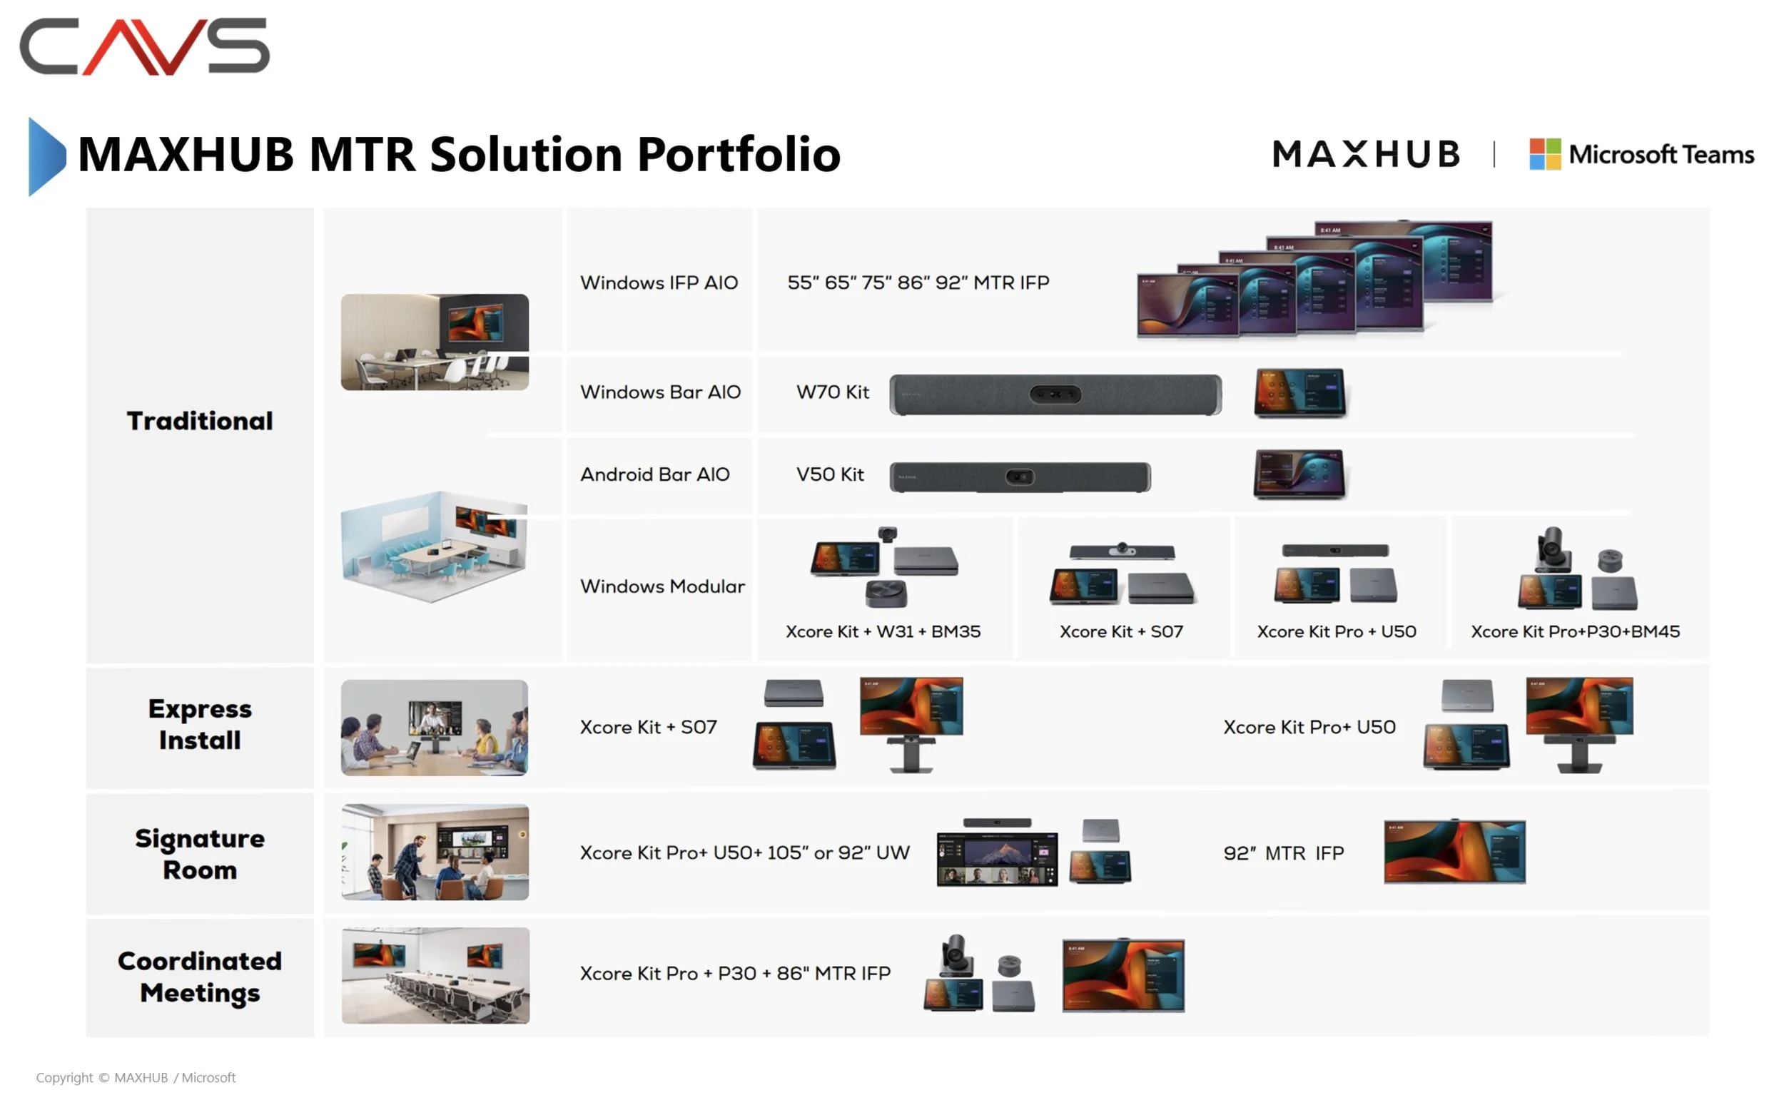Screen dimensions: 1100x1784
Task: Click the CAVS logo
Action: [x=144, y=46]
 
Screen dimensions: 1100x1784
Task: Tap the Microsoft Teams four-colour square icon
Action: [x=1544, y=154]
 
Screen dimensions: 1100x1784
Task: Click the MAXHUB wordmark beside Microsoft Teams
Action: [x=1366, y=154]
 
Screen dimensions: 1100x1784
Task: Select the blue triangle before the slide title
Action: [x=46, y=156]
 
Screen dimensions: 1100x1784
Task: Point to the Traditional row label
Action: [x=200, y=421]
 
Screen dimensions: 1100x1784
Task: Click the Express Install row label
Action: [x=200, y=725]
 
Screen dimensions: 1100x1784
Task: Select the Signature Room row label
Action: [x=200, y=854]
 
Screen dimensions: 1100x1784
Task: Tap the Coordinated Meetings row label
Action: [x=200, y=977]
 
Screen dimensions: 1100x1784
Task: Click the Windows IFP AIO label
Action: [x=659, y=283]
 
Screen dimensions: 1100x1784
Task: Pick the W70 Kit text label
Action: [x=832, y=393]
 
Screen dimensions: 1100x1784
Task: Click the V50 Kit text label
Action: [x=829, y=475]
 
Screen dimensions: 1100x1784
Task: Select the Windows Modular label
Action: [x=662, y=586]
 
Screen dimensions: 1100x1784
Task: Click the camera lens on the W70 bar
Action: [x=1055, y=395]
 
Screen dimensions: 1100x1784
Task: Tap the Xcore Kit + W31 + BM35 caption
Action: [x=883, y=631]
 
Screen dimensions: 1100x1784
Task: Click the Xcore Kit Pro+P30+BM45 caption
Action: [x=1574, y=631]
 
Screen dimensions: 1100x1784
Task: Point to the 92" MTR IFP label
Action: [x=1283, y=853]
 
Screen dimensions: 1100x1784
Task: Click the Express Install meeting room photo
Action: [x=435, y=728]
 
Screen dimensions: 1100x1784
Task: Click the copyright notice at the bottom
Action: [x=136, y=1077]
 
